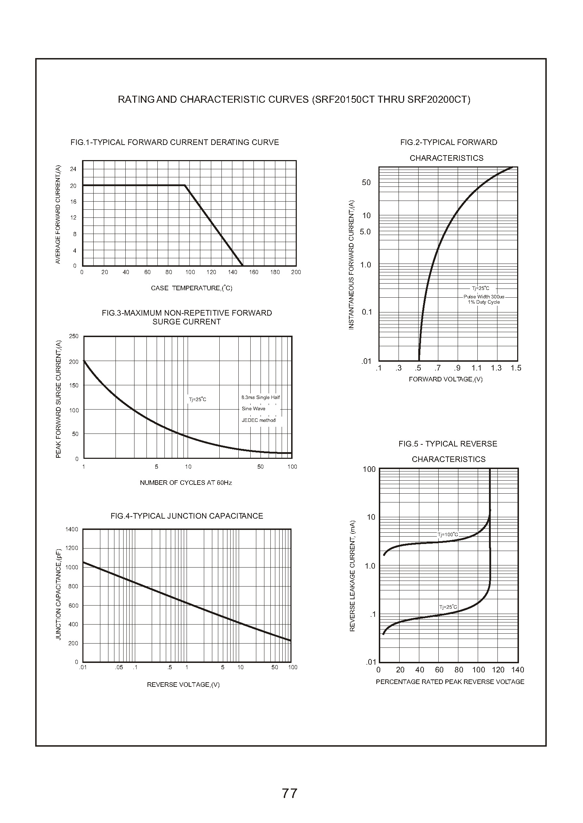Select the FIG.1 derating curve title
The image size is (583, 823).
pyautogui.click(x=175, y=143)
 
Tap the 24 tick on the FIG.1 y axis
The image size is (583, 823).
pyautogui.click(x=73, y=169)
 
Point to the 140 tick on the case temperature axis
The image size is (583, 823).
pyautogui.click(x=233, y=272)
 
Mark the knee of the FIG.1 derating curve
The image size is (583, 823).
pyautogui.click(x=185, y=185)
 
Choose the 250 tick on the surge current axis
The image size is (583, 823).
pyautogui.click(x=74, y=336)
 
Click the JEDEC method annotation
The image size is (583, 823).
pyautogui.click(x=258, y=420)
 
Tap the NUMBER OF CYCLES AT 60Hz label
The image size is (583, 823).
pyautogui.click(x=186, y=482)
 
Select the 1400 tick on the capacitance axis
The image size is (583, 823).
pyautogui.click(x=72, y=529)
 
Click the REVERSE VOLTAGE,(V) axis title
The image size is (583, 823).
pyautogui.click(x=183, y=684)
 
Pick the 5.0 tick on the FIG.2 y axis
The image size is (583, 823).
pyautogui.click(x=365, y=232)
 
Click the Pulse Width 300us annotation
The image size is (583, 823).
pyautogui.click(x=484, y=297)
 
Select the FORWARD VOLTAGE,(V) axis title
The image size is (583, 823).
pyautogui.click(x=446, y=379)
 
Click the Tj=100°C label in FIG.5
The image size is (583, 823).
pyautogui.click(x=448, y=534)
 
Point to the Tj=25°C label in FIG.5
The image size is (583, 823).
pyautogui.click(x=449, y=607)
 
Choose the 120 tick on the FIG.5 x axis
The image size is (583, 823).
pyautogui.click(x=498, y=670)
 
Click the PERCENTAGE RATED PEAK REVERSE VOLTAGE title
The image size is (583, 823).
pyautogui.click(x=450, y=682)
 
